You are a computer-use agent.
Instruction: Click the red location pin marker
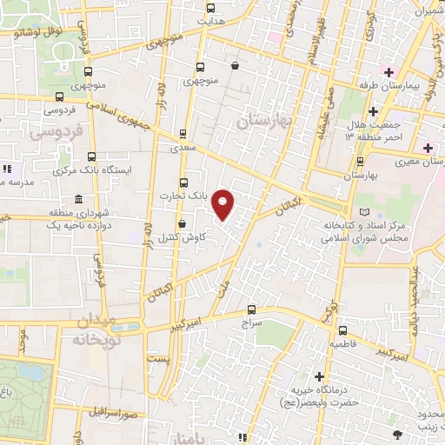point(223,205)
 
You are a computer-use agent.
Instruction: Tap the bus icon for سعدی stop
point(183,134)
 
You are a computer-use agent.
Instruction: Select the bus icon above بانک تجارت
point(183,183)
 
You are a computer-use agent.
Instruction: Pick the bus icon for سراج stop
point(251,309)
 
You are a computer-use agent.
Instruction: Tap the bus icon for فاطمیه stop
point(342,330)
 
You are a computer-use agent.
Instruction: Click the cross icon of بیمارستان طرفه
point(389,72)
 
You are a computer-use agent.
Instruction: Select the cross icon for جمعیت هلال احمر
point(373,111)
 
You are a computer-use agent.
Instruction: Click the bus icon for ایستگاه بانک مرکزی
point(58,170)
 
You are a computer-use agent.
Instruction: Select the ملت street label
point(227,283)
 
